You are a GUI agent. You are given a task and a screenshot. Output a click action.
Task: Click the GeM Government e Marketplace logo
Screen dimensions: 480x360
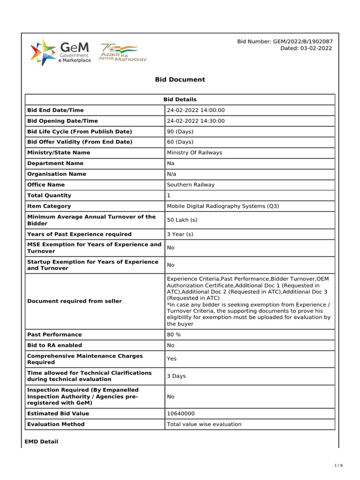click(61, 52)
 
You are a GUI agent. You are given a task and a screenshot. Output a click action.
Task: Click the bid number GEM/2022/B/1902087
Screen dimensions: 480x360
click(285, 42)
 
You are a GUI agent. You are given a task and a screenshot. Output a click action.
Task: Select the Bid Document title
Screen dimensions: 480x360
click(180, 80)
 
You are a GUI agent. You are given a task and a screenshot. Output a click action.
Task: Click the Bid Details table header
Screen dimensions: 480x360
click(180, 99)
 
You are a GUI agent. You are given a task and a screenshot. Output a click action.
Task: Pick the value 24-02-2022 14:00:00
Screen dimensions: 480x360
click(196, 110)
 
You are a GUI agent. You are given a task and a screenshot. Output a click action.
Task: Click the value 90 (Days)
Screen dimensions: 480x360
click(180, 132)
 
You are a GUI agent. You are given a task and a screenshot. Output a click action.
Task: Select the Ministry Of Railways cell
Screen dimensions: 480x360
click(195, 153)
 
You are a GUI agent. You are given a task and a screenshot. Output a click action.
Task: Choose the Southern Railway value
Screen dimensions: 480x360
click(191, 185)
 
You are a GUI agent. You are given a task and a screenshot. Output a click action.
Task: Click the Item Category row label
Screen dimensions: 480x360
click(49, 206)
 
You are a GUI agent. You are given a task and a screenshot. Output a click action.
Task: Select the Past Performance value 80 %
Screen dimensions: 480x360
click(174, 335)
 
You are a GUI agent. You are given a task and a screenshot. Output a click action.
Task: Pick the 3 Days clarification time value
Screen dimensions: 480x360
click(176, 376)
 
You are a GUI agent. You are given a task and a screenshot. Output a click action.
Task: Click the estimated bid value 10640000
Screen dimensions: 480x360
click(181, 413)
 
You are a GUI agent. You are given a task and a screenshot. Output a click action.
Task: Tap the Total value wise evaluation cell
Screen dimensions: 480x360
click(204, 424)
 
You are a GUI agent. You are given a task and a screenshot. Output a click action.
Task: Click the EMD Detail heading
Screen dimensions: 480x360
click(41, 442)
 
